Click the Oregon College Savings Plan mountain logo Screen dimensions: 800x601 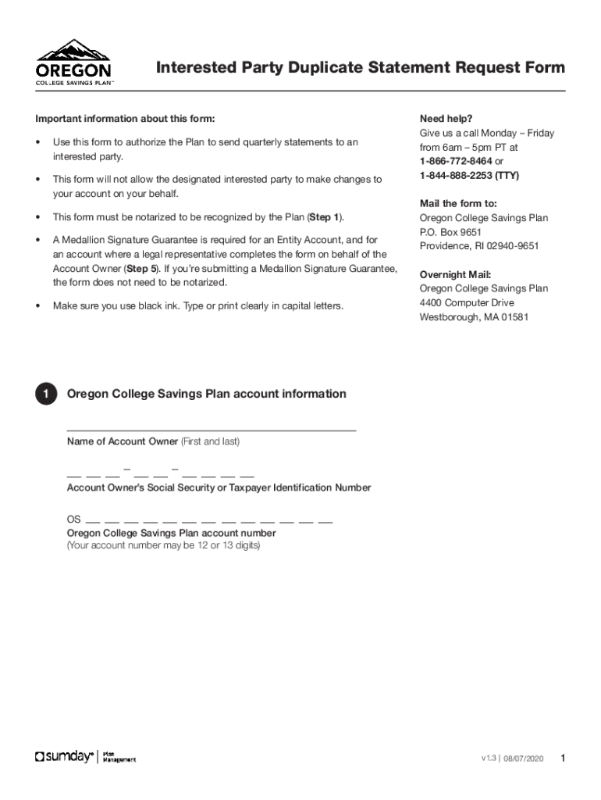(x=74, y=62)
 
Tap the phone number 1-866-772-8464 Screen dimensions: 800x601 (x=457, y=161)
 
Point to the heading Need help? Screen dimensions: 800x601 (x=446, y=119)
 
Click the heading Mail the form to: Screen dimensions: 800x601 (x=458, y=204)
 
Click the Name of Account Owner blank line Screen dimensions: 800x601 (x=211, y=430)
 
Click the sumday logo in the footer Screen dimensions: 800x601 (x=65, y=757)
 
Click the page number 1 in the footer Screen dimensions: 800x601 (x=563, y=758)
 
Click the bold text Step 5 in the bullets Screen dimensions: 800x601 (x=141, y=269)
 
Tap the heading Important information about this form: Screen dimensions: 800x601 (x=125, y=119)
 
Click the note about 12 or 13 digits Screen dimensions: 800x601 (x=163, y=545)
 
